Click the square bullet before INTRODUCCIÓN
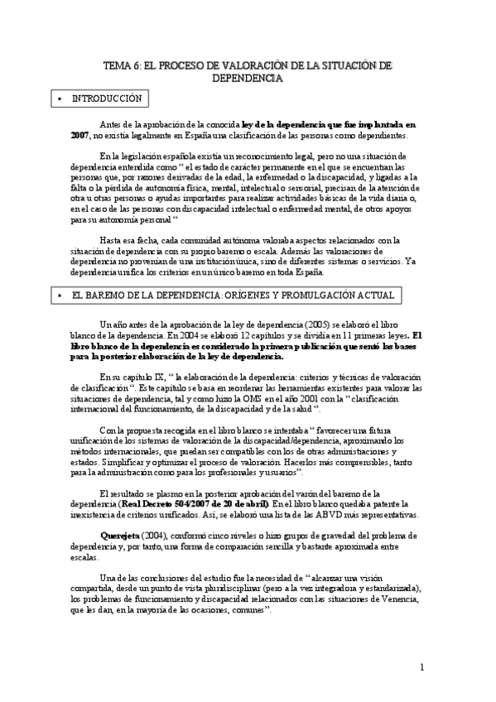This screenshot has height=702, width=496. (x=60, y=99)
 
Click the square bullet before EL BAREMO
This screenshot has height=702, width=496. (x=60, y=296)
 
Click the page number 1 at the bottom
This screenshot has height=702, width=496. (x=421, y=668)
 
